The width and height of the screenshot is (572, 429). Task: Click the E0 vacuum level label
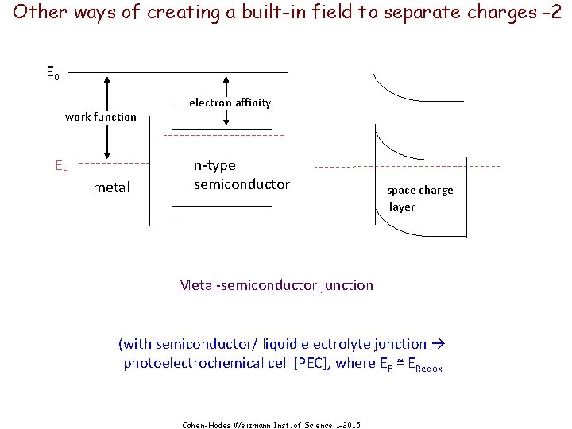(52, 74)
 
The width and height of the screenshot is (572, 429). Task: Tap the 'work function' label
(101, 117)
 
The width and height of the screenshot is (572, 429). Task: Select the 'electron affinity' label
(230, 102)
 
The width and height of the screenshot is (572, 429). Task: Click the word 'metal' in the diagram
(111, 187)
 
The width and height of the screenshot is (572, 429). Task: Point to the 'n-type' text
(214, 165)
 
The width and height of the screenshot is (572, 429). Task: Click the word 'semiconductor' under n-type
(242, 184)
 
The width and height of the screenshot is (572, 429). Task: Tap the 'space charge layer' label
(419, 199)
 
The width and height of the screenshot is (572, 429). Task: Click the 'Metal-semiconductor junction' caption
(276, 284)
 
